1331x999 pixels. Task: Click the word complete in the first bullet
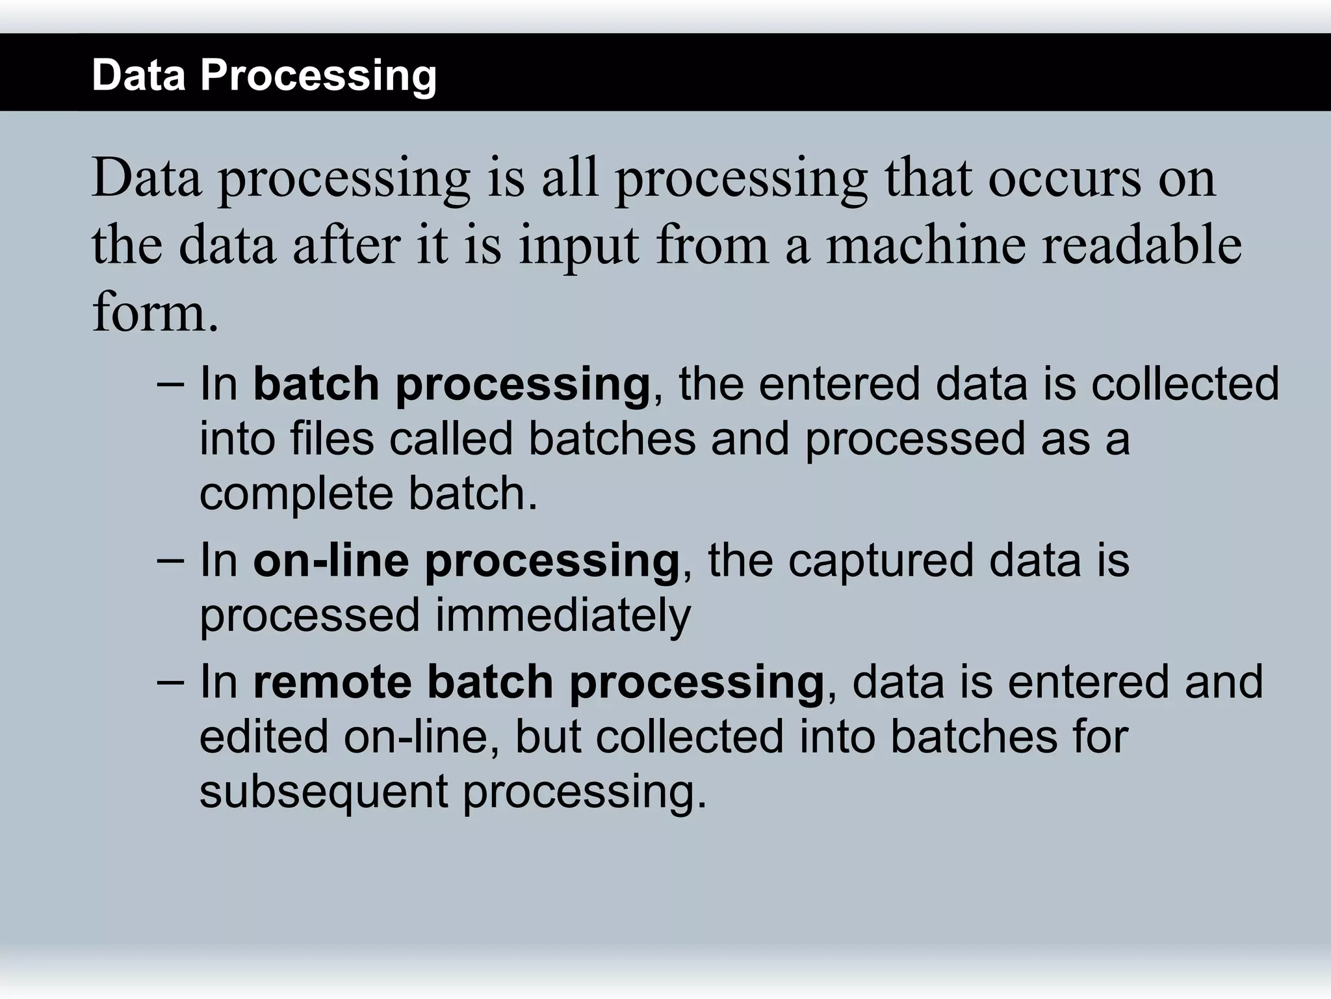[296, 495]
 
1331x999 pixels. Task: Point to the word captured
[881, 561]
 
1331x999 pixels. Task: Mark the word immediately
[562, 617]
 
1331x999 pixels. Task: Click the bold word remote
[331, 682]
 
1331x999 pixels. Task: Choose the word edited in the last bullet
[263, 737]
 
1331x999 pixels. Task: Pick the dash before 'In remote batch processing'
[170, 680]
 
